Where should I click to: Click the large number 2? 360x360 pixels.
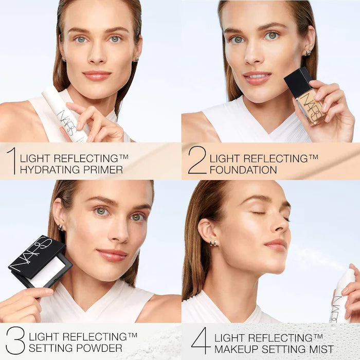(197, 160)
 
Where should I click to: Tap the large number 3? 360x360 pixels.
(15, 341)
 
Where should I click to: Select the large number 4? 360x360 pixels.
(201, 341)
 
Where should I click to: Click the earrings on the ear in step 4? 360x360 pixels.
(212, 243)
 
